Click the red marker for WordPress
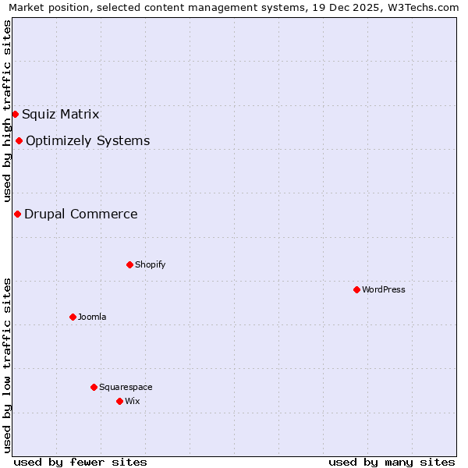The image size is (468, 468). (356, 289)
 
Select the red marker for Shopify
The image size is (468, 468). (129, 264)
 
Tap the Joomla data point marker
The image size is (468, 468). (73, 317)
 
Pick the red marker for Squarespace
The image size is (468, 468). (94, 387)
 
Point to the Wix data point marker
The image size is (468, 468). (119, 401)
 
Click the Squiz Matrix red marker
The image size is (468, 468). (15, 114)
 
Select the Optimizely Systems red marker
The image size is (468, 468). (19, 140)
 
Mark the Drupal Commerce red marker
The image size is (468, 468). (17, 214)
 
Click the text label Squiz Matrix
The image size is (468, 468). (61, 115)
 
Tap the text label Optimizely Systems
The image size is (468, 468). (88, 141)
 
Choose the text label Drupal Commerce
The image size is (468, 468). (81, 214)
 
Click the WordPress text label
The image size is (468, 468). (384, 289)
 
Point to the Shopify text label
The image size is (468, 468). (151, 264)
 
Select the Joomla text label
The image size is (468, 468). (92, 317)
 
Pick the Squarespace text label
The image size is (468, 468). (126, 387)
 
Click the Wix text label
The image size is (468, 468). (133, 401)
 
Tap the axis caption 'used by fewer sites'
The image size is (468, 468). (80, 462)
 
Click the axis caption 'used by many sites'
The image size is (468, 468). (392, 462)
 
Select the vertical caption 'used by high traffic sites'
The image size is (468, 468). (7, 112)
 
